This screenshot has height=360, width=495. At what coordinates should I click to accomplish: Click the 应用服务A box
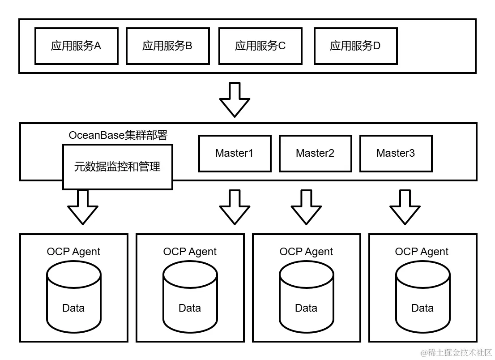[x=77, y=46]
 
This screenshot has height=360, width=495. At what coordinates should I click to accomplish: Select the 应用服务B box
[x=168, y=46]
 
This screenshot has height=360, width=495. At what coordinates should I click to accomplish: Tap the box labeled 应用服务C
[x=260, y=46]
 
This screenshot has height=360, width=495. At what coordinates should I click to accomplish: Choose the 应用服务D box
[x=355, y=46]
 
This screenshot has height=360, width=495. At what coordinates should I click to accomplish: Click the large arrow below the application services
[x=235, y=99]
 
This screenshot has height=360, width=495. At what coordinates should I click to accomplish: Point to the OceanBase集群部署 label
[x=118, y=135]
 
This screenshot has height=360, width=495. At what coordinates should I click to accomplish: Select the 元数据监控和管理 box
[x=117, y=167]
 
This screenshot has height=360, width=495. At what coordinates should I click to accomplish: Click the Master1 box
[x=235, y=154]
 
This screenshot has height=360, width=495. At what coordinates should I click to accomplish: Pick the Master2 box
[x=315, y=154]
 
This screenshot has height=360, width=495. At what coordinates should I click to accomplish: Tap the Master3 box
[x=396, y=154]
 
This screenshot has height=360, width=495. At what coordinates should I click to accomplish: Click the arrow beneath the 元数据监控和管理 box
[x=83, y=207]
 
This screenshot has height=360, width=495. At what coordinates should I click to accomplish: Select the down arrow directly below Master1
[x=235, y=207]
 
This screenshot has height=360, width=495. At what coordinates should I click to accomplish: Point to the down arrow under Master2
[x=307, y=207]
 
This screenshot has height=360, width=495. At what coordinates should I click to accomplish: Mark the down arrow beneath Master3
[x=405, y=207]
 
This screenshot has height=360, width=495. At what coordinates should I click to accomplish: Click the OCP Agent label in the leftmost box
[x=73, y=252]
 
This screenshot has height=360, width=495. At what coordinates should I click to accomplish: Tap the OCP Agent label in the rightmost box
[x=422, y=252]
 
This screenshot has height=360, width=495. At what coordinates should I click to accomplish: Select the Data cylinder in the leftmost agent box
[x=73, y=296]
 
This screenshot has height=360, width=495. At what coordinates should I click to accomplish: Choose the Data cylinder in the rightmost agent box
[x=422, y=296]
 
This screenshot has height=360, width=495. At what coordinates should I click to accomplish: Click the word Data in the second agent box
[x=190, y=308]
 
